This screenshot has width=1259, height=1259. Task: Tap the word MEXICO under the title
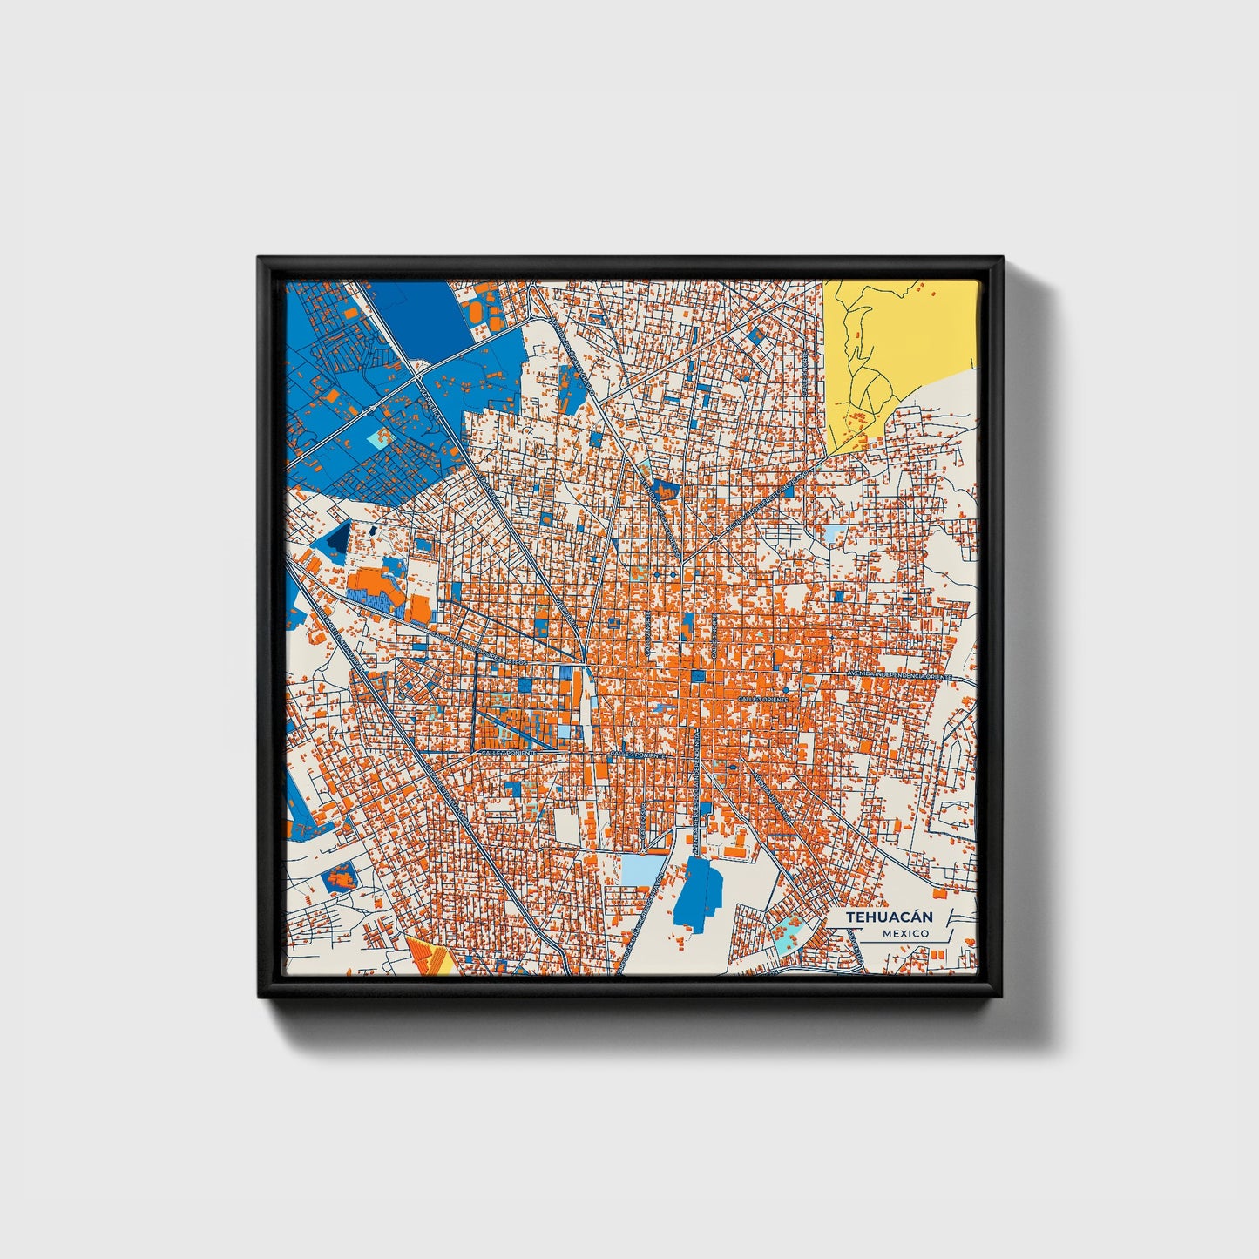(904, 933)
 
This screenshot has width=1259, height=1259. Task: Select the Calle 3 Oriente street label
(762, 699)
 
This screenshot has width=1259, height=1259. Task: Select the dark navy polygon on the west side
(337, 539)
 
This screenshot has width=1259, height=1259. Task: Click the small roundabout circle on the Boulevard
(715, 538)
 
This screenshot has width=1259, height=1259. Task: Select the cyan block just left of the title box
(788, 931)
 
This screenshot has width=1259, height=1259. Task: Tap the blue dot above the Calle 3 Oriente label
(785, 690)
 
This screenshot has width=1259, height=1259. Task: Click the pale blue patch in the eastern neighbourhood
(835, 532)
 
